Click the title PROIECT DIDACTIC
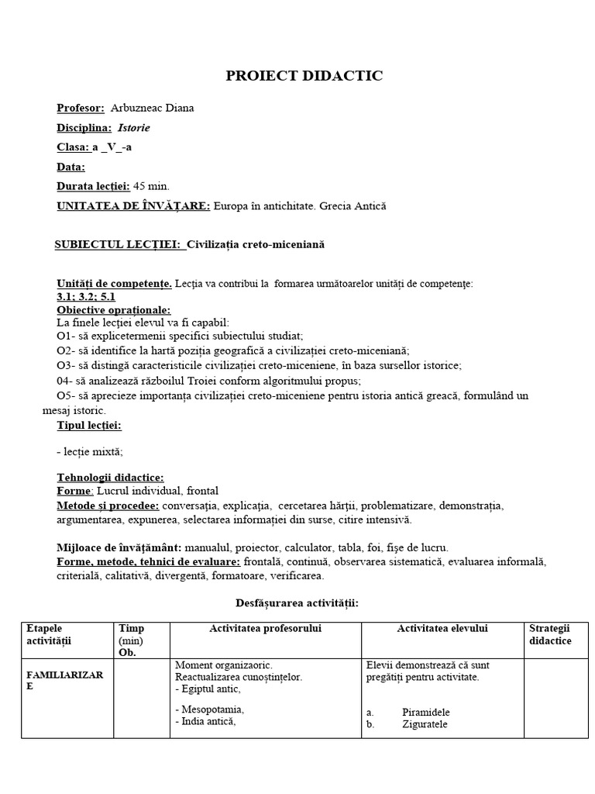304,76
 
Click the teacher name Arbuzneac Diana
152,109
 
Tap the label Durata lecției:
92,186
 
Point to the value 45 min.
151,186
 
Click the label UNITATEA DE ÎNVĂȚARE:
133,206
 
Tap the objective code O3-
64,365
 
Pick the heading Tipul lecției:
89,426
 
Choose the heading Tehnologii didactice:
110,478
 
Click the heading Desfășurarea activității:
297,602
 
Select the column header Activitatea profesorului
265,629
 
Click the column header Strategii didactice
550,635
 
